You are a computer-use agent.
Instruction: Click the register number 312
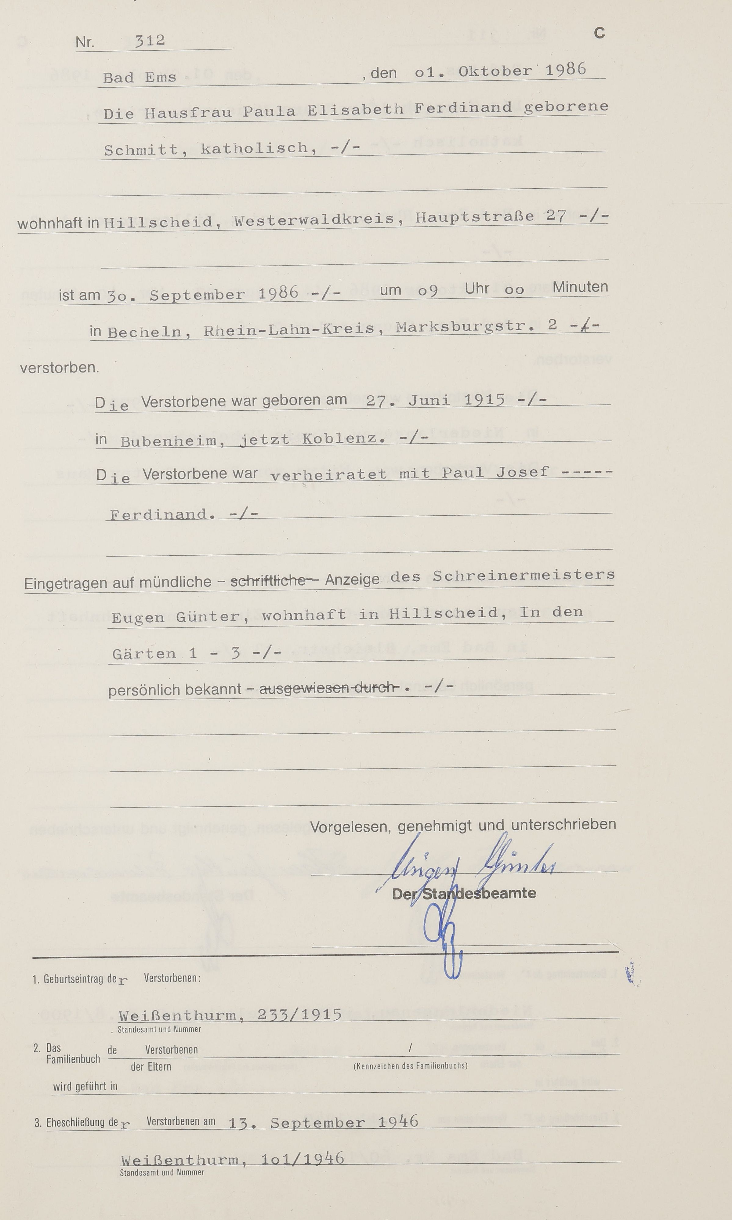[x=150, y=40]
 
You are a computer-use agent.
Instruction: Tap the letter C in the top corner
[x=599, y=33]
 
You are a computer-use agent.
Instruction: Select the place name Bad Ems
[x=140, y=78]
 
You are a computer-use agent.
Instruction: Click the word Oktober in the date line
[x=495, y=71]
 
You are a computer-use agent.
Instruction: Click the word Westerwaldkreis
[x=314, y=220]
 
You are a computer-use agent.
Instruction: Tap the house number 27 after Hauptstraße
[x=556, y=216]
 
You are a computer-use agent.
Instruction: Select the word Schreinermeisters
[x=523, y=575]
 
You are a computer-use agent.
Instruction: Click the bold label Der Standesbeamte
[x=464, y=893]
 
